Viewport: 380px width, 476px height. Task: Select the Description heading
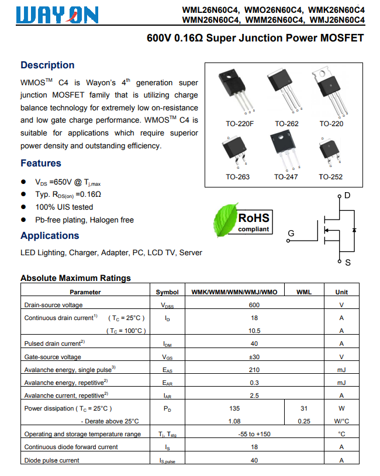pyautogui.click(x=47, y=65)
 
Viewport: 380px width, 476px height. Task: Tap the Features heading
pyautogui.click(x=41, y=163)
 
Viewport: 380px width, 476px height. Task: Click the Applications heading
pyautogui.click(x=50, y=235)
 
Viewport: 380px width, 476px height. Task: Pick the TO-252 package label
pyautogui.click(x=331, y=176)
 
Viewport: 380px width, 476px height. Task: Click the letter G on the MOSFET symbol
pyautogui.click(x=291, y=234)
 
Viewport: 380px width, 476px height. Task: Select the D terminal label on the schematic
pyautogui.click(x=347, y=195)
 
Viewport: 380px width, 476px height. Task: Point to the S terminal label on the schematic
pyautogui.click(x=348, y=263)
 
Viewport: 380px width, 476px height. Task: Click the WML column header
pyautogui.click(x=304, y=292)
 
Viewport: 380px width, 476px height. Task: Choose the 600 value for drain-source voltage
pyautogui.click(x=254, y=305)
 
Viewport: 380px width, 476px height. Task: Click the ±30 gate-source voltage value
pyautogui.click(x=254, y=357)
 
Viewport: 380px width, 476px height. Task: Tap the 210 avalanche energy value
pyautogui.click(x=254, y=370)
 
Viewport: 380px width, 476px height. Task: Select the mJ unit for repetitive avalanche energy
pyautogui.click(x=341, y=383)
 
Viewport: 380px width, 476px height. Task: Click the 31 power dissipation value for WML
pyautogui.click(x=304, y=408)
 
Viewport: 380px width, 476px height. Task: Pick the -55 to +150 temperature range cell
pyautogui.click(x=254, y=434)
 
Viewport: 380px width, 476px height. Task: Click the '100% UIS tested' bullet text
pyautogui.click(x=64, y=207)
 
